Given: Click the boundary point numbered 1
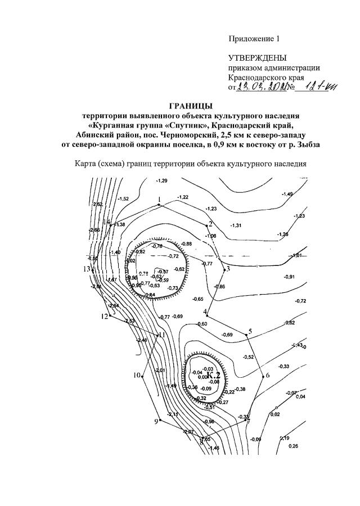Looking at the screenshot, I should coord(160,205).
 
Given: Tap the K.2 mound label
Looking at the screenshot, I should coord(212,375).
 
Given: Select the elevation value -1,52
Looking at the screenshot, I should coord(124,198).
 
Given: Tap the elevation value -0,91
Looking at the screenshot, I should coord(290,277).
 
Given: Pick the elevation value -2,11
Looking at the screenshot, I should coord(173,414).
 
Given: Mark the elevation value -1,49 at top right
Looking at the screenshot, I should coord(287,194).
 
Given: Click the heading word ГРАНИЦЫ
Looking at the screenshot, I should coord(191,106).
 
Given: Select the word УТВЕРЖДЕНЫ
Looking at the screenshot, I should coord(257,58).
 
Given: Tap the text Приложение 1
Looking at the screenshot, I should coord(254,39).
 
